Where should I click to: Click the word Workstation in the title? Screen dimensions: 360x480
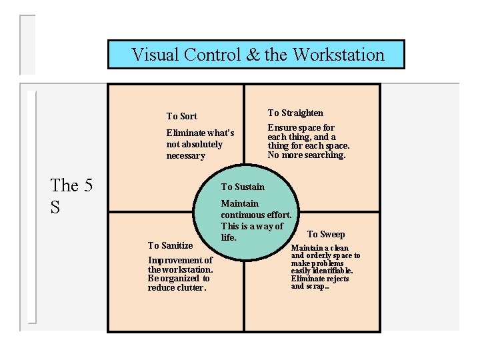(338, 55)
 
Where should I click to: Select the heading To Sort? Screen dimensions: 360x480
(181, 116)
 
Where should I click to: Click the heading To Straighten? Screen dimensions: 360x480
(295, 113)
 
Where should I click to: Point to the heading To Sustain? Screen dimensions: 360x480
(243, 187)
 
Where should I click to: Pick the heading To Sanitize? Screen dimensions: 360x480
(170, 245)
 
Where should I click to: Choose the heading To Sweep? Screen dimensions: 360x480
(326, 234)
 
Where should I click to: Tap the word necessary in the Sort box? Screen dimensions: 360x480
(185, 155)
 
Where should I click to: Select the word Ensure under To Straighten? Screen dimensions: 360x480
(281, 127)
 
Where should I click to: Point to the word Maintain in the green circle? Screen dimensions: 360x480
(239, 203)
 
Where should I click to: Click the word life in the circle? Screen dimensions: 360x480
(228, 237)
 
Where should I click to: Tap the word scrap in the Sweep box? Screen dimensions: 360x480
(317, 286)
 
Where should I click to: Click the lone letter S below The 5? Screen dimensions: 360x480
(55, 207)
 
